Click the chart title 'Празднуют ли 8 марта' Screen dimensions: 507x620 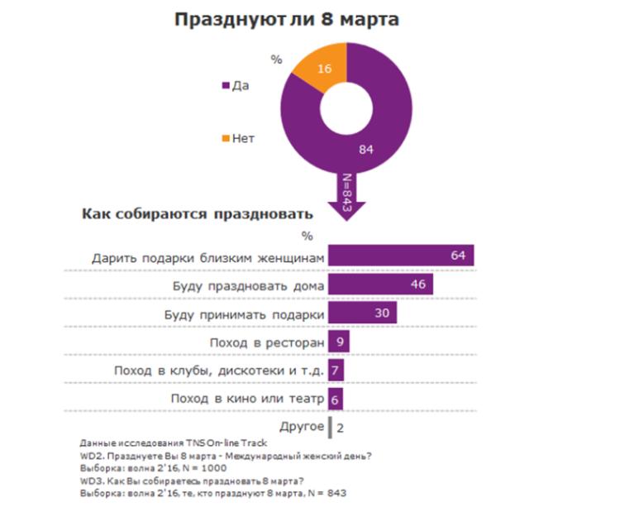pyautogui.click(x=286, y=19)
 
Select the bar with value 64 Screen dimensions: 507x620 pyautogui.click(x=400, y=256)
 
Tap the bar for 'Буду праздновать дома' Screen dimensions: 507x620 pyautogui.click(x=381, y=285)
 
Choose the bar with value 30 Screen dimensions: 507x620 pyautogui.click(x=362, y=313)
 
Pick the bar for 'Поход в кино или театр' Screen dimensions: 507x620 pyautogui.click(x=335, y=398)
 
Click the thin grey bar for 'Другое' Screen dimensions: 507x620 pyautogui.click(x=331, y=427)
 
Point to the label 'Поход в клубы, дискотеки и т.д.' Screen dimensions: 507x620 pyautogui.click(x=219, y=370)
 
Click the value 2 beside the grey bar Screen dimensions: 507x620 pyautogui.click(x=341, y=428)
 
